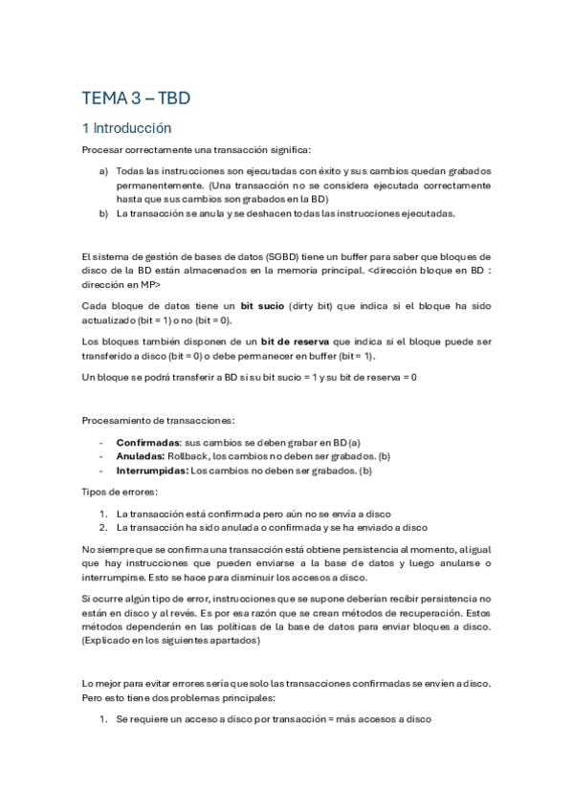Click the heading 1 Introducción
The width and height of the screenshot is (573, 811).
pos(126,127)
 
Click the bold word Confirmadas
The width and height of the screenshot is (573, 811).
pos(148,443)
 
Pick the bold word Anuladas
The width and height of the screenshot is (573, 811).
pos(141,456)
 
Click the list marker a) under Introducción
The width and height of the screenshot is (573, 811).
pos(103,170)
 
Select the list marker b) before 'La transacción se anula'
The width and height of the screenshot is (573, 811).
pos(103,213)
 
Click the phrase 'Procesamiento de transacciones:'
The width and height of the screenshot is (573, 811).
pos(153,421)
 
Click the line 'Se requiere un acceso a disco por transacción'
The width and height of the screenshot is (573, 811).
pos(275,719)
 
